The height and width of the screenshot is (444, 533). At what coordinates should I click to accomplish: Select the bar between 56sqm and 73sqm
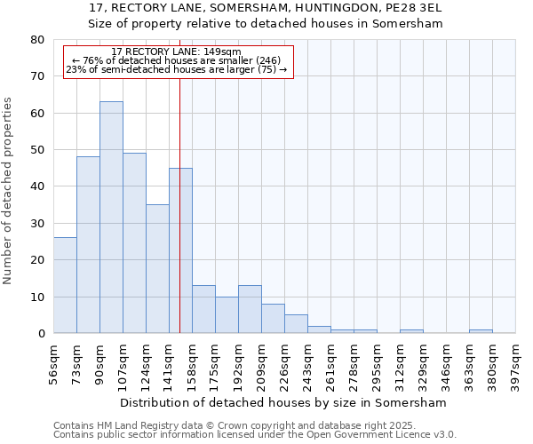(65, 285)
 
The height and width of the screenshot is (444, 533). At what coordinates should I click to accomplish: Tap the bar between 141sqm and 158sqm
(180, 250)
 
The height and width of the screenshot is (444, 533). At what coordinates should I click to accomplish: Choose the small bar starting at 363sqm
(481, 331)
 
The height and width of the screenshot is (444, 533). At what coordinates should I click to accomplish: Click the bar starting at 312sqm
(411, 331)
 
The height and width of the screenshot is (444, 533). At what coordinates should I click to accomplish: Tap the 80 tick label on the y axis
(36, 40)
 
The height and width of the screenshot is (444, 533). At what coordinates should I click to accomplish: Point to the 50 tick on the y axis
(36, 150)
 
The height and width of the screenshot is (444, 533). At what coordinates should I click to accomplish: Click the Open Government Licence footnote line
(254, 435)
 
